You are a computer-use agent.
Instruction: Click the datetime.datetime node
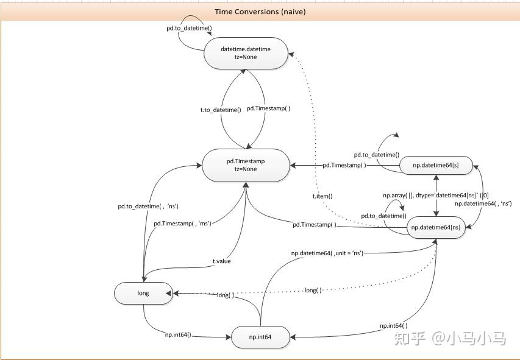tap(246, 53)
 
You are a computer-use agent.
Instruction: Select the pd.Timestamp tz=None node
tap(246, 165)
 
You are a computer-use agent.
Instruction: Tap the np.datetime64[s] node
tap(436, 165)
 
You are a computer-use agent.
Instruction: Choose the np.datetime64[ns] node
tap(436, 227)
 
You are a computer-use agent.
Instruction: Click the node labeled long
tap(143, 293)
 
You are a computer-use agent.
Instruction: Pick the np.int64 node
tap(260, 337)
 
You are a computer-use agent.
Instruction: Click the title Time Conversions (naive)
tap(260, 12)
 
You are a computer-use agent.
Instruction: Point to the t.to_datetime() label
tap(221, 110)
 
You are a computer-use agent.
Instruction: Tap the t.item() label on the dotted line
tap(322, 196)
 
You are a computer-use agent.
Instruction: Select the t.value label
tap(221, 261)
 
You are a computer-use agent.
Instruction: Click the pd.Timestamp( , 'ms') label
tap(182, 224)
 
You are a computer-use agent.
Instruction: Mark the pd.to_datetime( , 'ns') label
tap(148, 206)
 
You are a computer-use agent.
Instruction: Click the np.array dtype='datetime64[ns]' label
tap(435, 196)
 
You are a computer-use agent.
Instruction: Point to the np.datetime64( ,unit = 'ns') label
tap(327, 253)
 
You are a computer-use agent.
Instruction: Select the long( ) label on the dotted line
tap(313, 290)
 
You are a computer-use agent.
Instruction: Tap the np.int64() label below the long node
tap(178, 334)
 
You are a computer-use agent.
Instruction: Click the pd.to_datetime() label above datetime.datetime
tap(189, 28)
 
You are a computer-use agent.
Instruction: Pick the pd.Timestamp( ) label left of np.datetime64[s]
tap(344, 164)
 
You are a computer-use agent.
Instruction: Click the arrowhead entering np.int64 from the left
tap(228, 337)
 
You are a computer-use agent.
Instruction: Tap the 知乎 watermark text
tap(410, 339)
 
